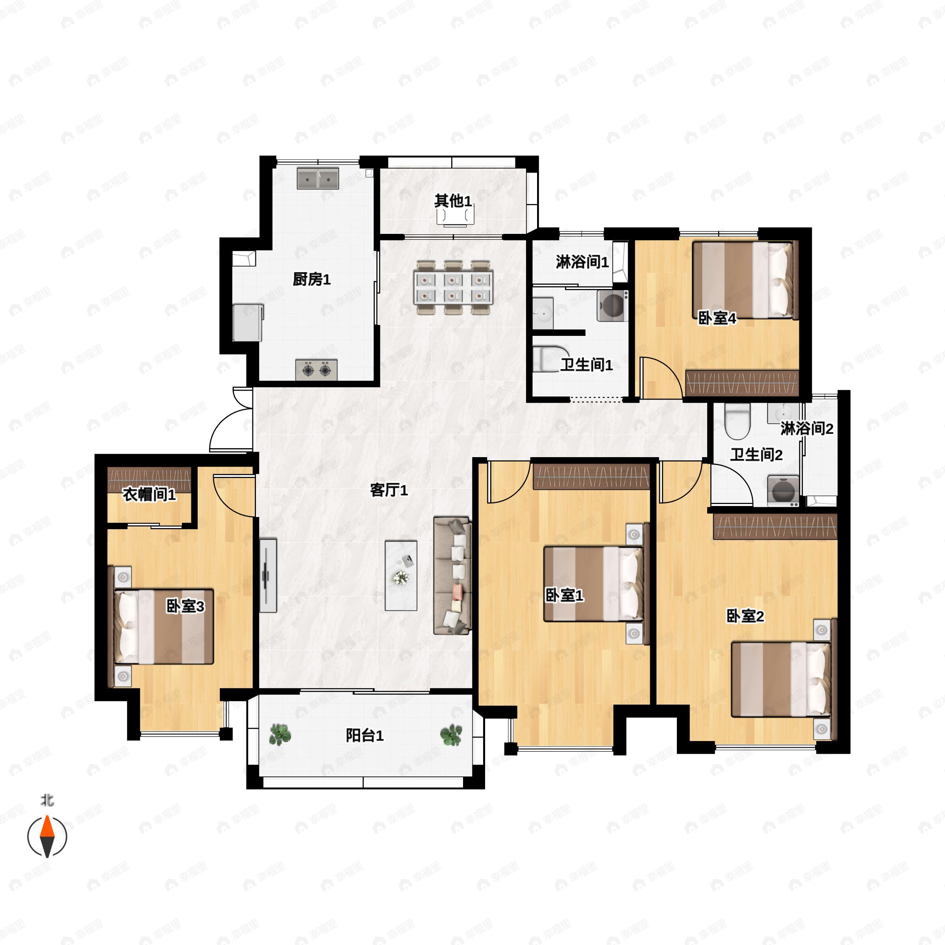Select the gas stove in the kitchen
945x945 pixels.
316,370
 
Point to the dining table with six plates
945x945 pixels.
454,287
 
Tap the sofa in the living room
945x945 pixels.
452,576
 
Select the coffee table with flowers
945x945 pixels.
400,575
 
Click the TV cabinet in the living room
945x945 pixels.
268,575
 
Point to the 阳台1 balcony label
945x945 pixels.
364,735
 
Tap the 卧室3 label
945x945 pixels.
185,606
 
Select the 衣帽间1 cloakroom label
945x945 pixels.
149,494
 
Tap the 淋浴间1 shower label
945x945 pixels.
582,262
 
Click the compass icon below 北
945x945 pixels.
47,837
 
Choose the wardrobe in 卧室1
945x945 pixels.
591,476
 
